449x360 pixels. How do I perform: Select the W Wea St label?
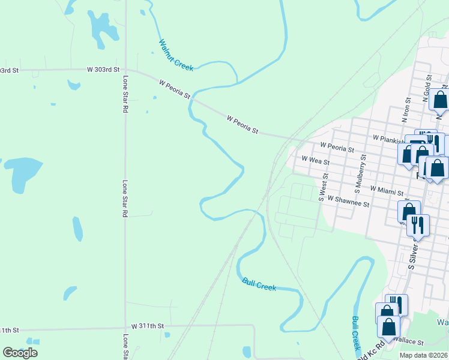(316, 161)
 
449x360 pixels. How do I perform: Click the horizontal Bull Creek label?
(259, 284)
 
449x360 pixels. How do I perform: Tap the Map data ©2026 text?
(423, 355)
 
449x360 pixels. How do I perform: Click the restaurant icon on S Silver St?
(418, 225)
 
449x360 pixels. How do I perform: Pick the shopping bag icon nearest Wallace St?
(389, 327)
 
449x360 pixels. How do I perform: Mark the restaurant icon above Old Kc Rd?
(396, 304)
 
